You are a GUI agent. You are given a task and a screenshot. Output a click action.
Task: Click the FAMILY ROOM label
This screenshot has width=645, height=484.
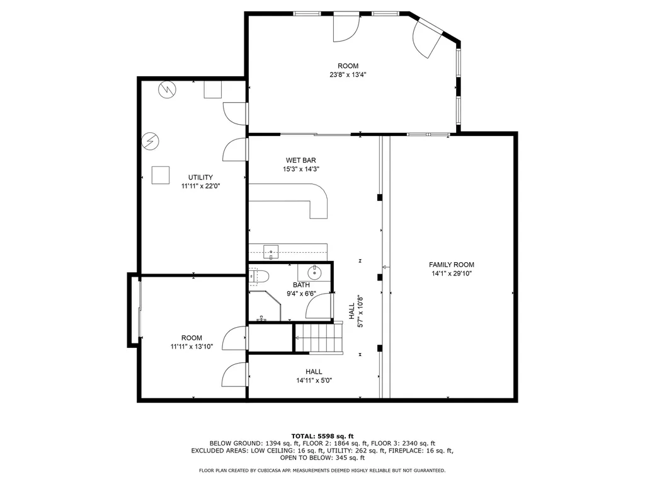coord(451,265)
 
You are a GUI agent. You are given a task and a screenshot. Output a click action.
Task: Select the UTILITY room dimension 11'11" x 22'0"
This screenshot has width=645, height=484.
coord(200,186)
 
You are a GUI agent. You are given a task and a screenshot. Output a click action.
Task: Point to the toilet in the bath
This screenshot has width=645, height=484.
coord(260,275)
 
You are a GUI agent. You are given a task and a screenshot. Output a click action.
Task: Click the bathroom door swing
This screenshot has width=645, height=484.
coord(318,308)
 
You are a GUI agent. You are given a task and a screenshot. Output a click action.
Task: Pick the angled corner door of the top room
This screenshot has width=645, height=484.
coord(428,39)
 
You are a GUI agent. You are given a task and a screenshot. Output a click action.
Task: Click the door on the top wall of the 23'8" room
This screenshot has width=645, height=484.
coord(345,26)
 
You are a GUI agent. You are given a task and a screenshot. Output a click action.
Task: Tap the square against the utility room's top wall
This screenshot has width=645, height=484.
coord(212,90)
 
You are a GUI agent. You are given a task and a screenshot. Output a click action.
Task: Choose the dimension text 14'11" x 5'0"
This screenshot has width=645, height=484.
coord(314,380)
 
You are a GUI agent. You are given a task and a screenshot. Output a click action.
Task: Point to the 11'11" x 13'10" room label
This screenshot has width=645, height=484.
coord(191,342)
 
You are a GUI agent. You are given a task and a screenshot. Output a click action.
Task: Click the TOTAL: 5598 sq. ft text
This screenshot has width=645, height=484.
coord(322,436)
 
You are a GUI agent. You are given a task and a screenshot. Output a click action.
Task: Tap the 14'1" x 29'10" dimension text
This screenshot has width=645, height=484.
coord(451,274)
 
